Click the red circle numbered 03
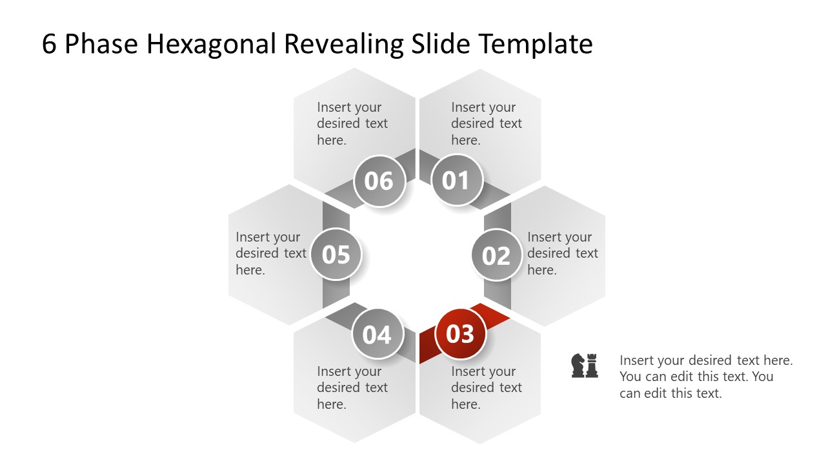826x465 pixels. [460, 334]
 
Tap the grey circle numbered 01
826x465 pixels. [456, 180]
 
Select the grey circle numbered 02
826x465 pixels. [496, 256]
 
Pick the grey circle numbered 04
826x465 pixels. [377, 335]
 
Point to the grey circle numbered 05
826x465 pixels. [336, 254]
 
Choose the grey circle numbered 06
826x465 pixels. [379, 181]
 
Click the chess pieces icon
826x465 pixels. [585, 366]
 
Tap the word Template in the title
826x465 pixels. [535, 44]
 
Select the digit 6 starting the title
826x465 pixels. [49, 44]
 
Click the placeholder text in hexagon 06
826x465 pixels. [352, 123]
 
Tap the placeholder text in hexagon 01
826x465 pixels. [486, 123]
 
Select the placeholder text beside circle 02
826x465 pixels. [562, 253]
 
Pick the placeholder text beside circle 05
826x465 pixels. [270, 253]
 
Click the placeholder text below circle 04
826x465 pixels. [352, 387]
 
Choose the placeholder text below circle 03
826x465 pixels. [486, 387]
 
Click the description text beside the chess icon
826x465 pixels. [705, 377]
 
